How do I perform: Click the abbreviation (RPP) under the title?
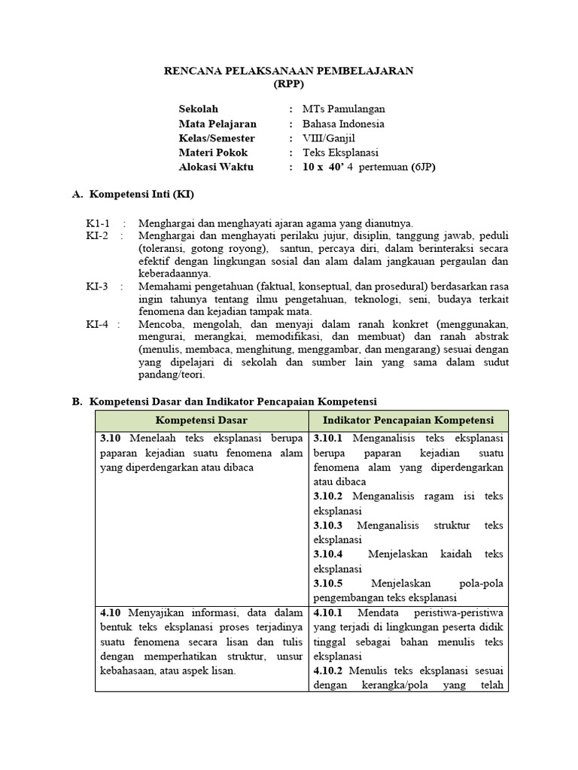(x=288, y=84)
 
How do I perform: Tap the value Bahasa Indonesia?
(x=343, y=124)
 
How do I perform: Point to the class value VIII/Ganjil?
(x=329, y=138)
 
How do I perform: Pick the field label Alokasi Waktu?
(x=216, y=167)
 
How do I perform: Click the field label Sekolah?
(x=198, y=109)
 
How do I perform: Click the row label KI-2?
(x=97, y=236)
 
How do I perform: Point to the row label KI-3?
(x=97, y=286)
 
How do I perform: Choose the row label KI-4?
(x=97, y=324)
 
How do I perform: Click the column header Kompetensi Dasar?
(x=202, y=420)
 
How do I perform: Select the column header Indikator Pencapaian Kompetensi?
(x=409, y=420)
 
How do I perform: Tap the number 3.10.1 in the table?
(x=328, y=438)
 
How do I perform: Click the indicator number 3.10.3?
(x=328, y=525)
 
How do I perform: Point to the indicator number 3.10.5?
(x=328, y=584)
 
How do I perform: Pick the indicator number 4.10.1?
(x=328, y=612)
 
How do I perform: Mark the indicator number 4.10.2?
(x=328, y=670)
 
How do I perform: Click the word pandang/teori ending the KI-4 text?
(x=172, y=375)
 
